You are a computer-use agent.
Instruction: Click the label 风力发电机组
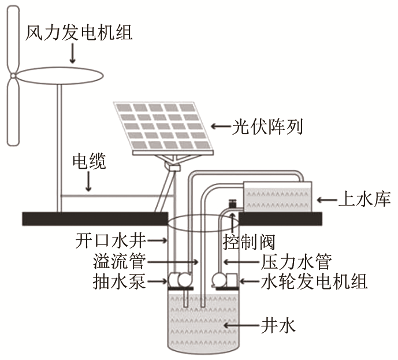pyautogui.click(x=79, y=32)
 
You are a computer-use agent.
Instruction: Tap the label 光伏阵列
pyautogui.click(x=266, y=125)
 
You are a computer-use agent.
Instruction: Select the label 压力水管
pyautogui.click(x=296, y=262)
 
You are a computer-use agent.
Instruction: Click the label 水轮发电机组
pyautogui.click(x=314, y=283)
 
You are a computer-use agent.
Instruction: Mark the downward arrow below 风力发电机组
pyautogui.click(x=73, y=54)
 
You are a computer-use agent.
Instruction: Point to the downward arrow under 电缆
pyautogui.click(x=88, y=182)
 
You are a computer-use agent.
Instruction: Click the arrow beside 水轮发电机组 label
pyautogui.click(x=247, y=283)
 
